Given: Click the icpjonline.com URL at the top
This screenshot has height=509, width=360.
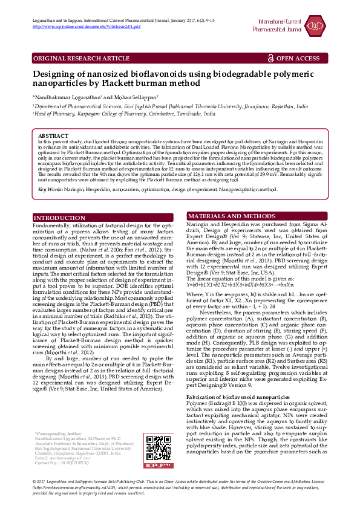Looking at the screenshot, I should coord(87,27).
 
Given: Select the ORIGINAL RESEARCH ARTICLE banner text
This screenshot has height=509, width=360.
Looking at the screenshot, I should coord(81,58).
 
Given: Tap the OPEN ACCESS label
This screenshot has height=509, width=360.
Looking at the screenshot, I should coord(298,58).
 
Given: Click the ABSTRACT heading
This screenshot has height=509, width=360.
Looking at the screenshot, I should coord(53,136).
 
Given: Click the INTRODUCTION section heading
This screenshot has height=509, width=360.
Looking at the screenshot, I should coord(59,200).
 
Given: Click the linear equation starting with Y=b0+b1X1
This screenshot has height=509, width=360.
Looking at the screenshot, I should coord(240,267).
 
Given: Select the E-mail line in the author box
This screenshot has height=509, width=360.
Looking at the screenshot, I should coord(63,458).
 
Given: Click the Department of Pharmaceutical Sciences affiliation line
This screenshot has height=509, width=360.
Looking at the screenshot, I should coord(169,105).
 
